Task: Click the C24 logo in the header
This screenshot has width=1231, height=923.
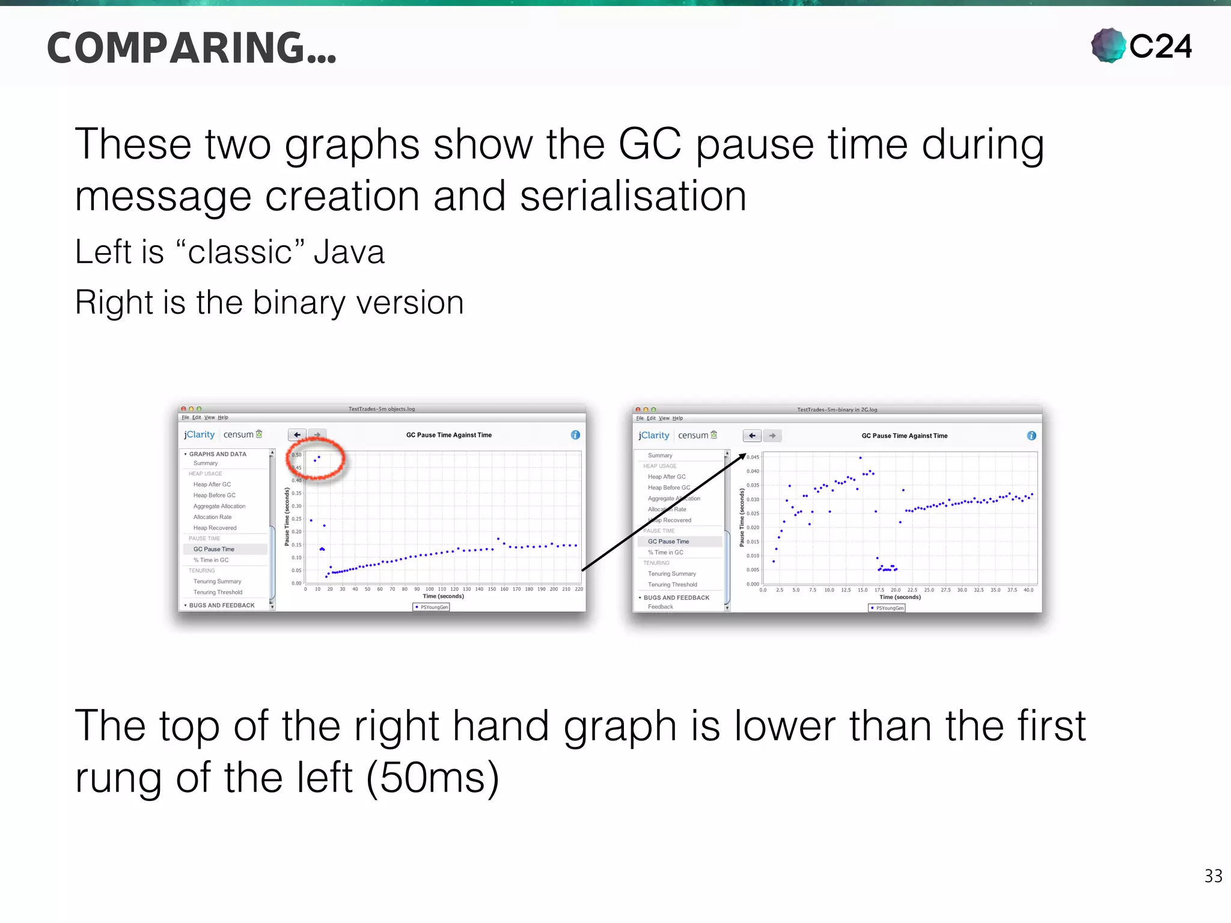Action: (x=1141, y=46)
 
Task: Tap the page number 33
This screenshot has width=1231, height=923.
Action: (x=1213, y=876)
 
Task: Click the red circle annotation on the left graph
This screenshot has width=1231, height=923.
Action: (x=316, y=458)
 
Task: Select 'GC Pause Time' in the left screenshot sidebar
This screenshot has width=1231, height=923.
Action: (x=214, y=549)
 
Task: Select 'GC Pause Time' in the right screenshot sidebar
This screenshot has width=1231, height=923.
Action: (x=668, y=541)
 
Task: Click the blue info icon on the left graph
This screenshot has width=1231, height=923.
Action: (x=575, y=434)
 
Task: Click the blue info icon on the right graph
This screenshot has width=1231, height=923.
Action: (x=1031, y=436)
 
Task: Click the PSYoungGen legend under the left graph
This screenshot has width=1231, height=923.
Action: (x=432, y=607)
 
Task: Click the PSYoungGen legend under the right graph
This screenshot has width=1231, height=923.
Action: (x=887, y=608)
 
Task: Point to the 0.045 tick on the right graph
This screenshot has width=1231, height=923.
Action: (x=753, y=457)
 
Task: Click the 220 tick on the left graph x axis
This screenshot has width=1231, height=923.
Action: (x=579, y=589)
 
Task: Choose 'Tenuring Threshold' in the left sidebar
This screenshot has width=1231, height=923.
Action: (x=218, y=592)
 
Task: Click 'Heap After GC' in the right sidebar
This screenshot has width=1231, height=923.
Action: (x=667, y=477)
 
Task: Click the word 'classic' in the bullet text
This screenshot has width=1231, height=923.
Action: (x=240, y=252)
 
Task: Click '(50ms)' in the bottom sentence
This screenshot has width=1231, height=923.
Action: (x=432, y=778)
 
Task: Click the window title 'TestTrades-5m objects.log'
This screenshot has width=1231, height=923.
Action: (x=382, y=409)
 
